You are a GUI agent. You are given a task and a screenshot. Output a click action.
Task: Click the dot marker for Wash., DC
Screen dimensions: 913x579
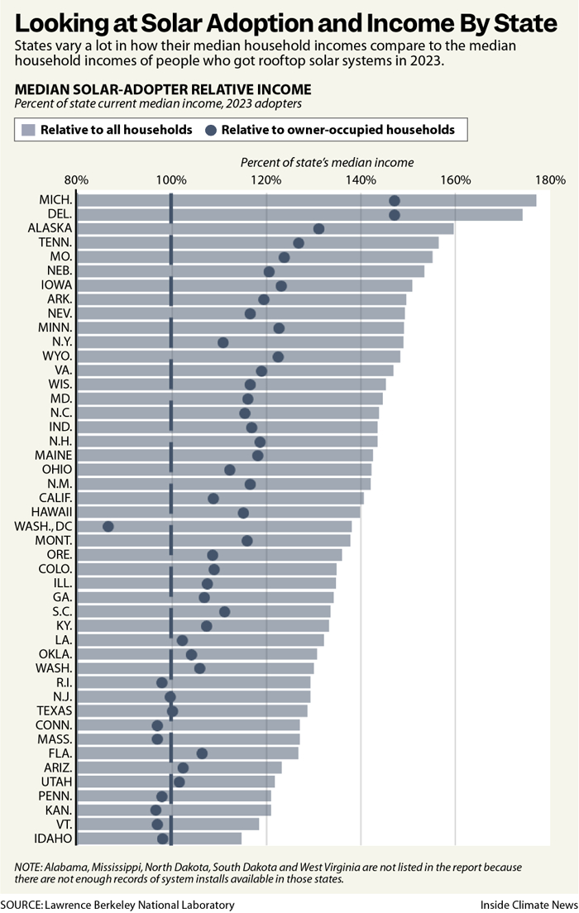coord(108,527)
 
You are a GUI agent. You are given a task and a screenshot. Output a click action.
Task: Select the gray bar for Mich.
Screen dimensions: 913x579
coord(306,200)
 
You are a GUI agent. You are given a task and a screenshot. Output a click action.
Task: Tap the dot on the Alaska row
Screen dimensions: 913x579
coord(319,229)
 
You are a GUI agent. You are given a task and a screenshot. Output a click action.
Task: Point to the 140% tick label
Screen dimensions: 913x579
coord(361,180)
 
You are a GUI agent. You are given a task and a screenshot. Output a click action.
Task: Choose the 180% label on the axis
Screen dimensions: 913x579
coord(550,180)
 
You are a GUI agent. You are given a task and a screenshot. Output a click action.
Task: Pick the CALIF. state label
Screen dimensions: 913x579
coord(55,498)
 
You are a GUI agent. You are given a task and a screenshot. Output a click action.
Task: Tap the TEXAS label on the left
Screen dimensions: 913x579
coord(55,710)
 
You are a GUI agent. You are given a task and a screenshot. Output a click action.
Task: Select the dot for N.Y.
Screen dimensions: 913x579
coord(223,342)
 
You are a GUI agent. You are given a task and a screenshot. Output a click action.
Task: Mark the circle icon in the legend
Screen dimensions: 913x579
coord(211,130)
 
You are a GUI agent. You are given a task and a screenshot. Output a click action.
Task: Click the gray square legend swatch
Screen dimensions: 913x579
coord(29,130)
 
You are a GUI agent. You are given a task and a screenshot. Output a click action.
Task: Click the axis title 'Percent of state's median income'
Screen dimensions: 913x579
coord(327,163)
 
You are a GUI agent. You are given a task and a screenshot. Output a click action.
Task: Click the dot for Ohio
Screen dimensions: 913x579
coord(230,470)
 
